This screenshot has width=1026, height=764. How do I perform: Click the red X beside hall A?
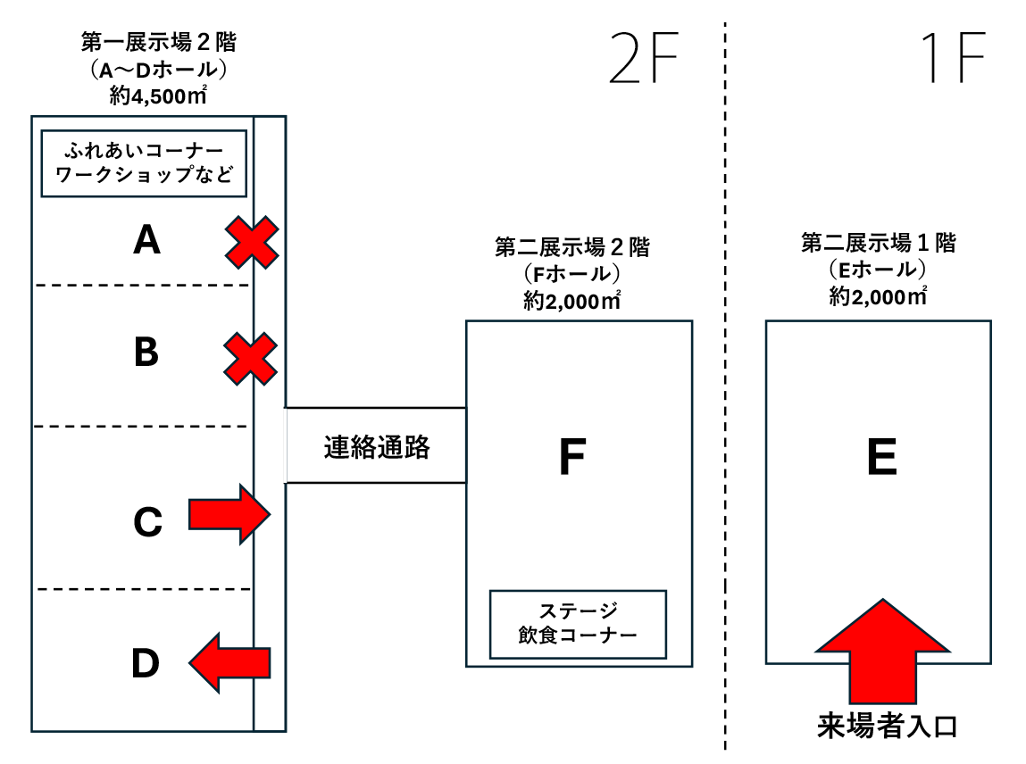pos(251,242)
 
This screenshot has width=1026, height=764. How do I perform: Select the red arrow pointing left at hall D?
pos(229,661)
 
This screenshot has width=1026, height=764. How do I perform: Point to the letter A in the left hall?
pos(146,239)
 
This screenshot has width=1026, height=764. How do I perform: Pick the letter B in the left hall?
pos(146,353)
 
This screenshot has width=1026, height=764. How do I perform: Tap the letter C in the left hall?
pos(146,522)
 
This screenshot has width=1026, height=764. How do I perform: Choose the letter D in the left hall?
pos(146,663)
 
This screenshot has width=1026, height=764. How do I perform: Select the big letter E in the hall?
pos(881,459)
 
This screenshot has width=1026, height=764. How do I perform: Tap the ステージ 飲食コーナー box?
pos(578,624)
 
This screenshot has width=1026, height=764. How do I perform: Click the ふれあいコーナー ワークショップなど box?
pos(144,164)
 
